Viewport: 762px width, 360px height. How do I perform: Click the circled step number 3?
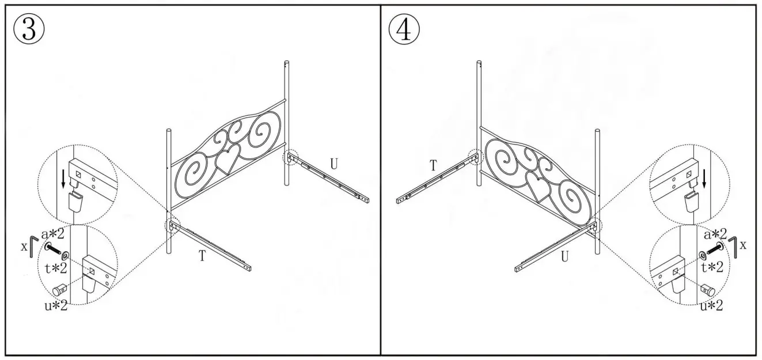pos(29,29)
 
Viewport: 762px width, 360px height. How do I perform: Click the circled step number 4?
pos(404,29)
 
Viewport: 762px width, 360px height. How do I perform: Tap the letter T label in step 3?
pos(202,257)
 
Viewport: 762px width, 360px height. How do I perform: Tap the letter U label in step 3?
pos(333,164)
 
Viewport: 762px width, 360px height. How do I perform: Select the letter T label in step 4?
pos(434,166)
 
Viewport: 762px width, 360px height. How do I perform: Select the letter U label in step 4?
pos(565,257)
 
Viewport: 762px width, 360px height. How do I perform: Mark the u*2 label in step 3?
pos(55,305)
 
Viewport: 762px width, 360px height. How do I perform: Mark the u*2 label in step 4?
pos(712,306)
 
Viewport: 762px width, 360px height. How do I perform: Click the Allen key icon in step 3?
pos(34,243)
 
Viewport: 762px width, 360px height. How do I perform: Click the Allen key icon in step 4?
pos(733,243)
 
